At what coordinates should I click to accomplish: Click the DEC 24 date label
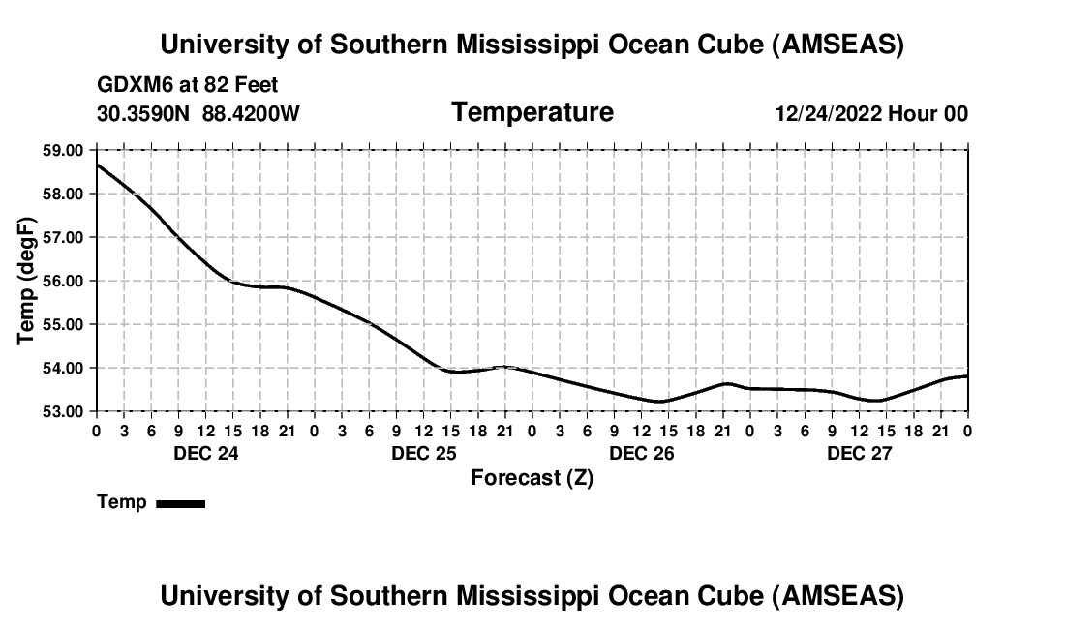coord(205,453)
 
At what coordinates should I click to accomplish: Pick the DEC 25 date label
coord(423,453)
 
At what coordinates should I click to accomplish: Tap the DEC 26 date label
coord(641,453)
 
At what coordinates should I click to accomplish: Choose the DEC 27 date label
coord(859,453)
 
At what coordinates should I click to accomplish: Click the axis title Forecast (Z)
coord(532,478)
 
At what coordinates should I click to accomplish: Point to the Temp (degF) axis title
coord(27,281)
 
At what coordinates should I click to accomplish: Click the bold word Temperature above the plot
coord(532,112)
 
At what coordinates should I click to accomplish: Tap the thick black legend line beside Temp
coord(180,503)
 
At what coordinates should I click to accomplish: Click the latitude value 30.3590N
coord(144,113)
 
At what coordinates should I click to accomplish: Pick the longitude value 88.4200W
coord(251,113)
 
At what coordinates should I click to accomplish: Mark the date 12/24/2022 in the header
coord(828,113)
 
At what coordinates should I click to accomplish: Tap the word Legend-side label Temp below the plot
coord(122,502)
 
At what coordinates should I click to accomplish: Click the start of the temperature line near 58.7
coord(98,165)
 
